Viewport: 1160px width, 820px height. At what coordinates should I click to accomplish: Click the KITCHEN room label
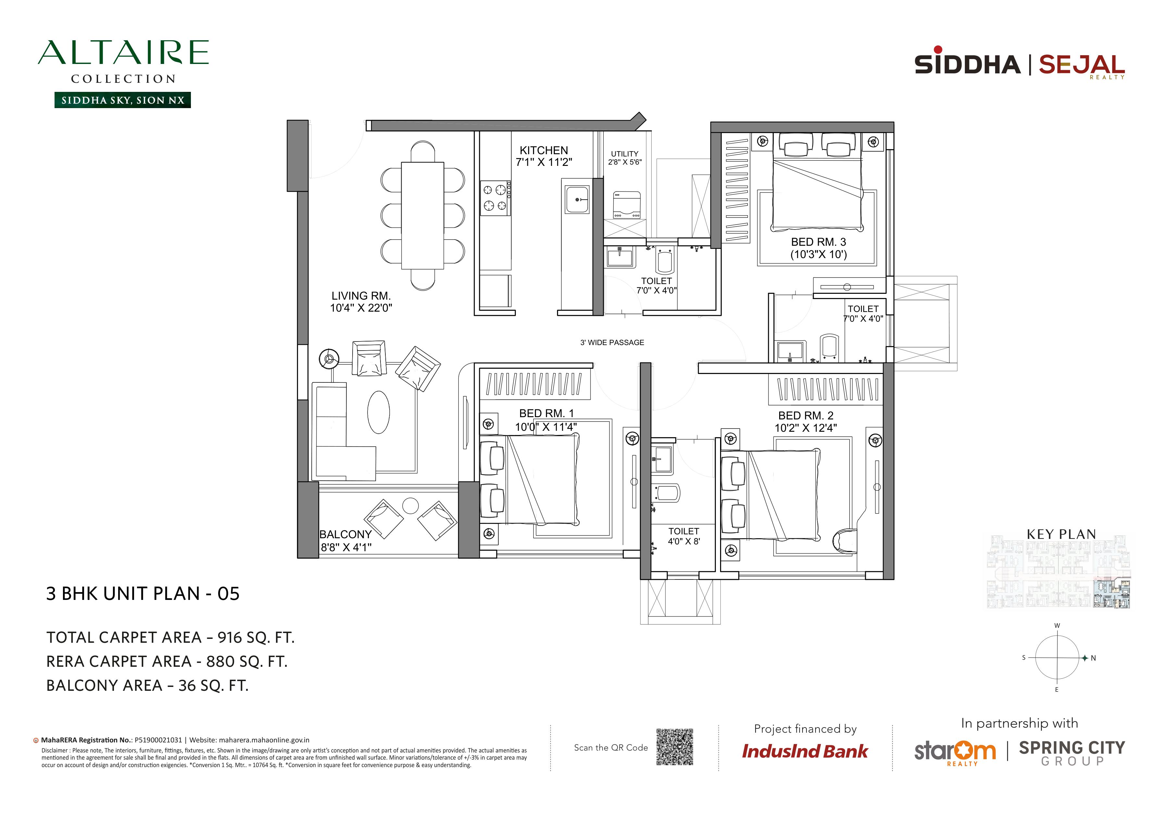pyautogui.click(x=543, y=150)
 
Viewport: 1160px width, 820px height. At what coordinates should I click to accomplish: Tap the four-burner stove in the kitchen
pyautogui.click(x=495, y=198)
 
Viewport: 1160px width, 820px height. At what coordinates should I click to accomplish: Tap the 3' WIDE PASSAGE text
pyautogui.click(x=612, y=342)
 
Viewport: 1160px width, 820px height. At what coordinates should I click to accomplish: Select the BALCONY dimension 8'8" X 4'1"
pyautogui.click(x=346, y=547)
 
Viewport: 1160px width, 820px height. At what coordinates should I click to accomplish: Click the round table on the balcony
pyautogui.click(x=410, y=505)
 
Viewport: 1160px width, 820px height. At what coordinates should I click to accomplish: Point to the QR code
pyautogui.click(x=675, y=747)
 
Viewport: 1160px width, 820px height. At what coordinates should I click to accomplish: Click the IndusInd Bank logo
pyautogui.click(x=805, y=751)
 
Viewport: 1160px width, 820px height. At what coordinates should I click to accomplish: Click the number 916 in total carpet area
pyautogui.click(x=230, y=638)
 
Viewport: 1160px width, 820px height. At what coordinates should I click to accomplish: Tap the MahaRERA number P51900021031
pyautogui.click(x=158, y=740)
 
